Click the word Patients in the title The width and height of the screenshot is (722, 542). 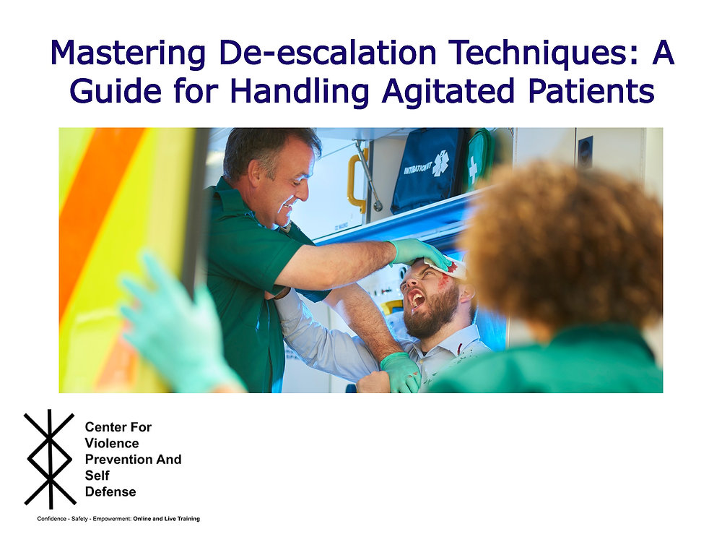[x=584, y=91]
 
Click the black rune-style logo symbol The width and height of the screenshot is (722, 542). [x=50, y=460]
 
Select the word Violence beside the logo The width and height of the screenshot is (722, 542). [x=112, y=443]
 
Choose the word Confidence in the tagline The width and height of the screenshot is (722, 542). [x=53, y=519]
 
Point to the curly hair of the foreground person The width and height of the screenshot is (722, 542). [x=563, y=238]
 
